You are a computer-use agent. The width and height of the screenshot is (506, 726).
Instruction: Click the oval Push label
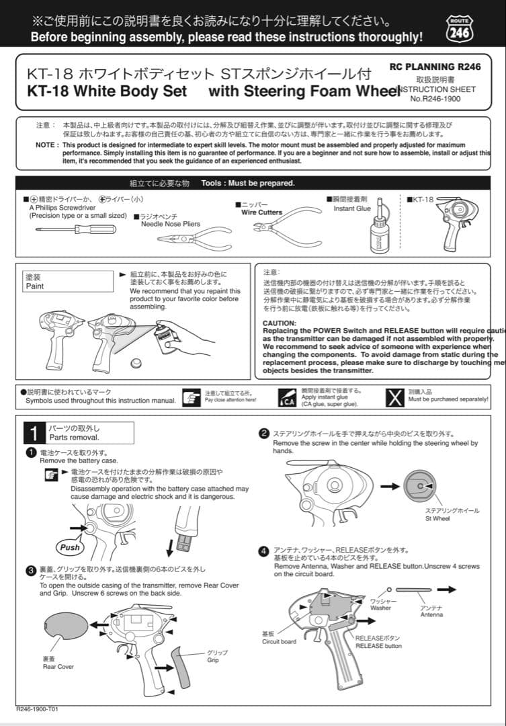(x=69, y=547)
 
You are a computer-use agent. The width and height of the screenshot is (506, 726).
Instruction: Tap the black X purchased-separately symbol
(x=395, y=398)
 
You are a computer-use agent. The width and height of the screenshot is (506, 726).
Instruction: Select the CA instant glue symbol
(x=287, y=398)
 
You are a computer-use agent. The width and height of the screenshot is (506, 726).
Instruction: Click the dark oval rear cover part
(x=65, y=624)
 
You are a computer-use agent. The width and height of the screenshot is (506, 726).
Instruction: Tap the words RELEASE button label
(x=378, y=646)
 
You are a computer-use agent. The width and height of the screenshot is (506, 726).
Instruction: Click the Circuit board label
(x=279, y=641)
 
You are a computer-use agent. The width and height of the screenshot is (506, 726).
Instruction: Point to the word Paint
(x=35, y=286)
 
